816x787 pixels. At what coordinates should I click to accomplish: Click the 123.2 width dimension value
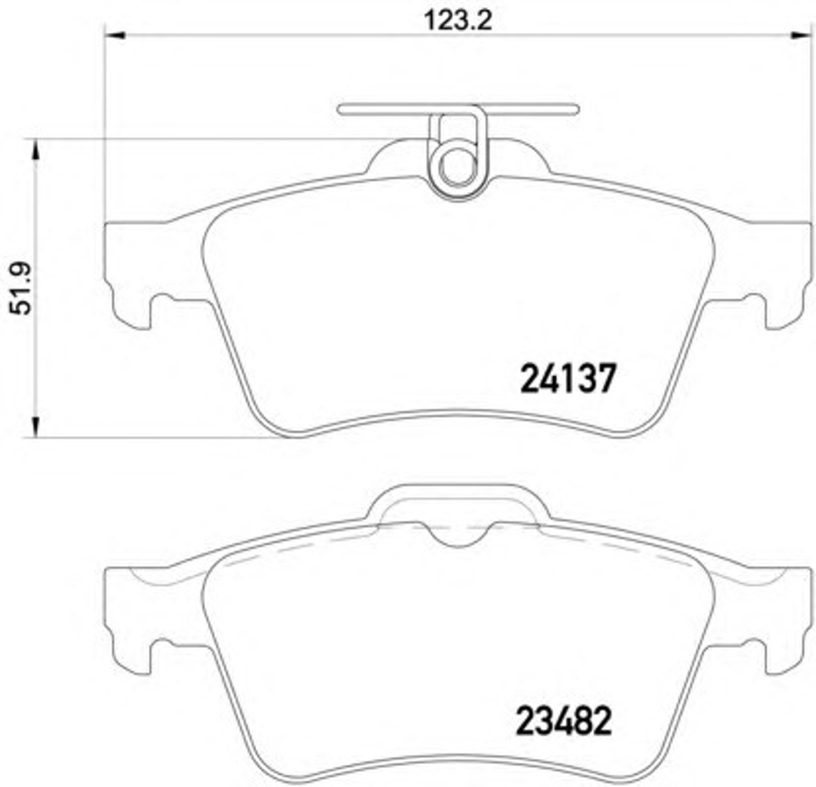pos(458,21)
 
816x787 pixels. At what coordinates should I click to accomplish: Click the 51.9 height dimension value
pos(21,289)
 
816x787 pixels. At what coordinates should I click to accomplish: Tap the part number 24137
pos(568,378)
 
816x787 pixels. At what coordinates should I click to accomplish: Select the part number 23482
pos(564,721)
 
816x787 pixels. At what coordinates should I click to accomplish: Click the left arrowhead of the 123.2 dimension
pos(116,35)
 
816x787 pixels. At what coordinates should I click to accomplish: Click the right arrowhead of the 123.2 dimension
pos(800,35)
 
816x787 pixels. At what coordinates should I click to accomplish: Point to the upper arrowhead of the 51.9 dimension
pos(35,149)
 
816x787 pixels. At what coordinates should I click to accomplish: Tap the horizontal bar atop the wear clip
pos(458,109)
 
